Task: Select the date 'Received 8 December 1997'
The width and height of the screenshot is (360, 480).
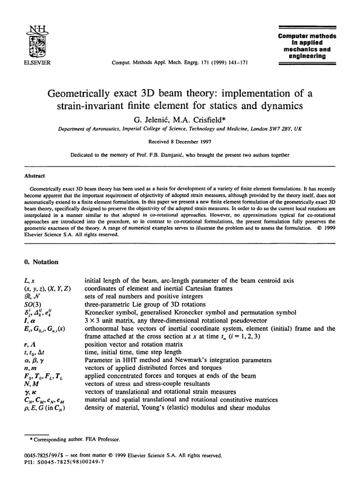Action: pos(180,140)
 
